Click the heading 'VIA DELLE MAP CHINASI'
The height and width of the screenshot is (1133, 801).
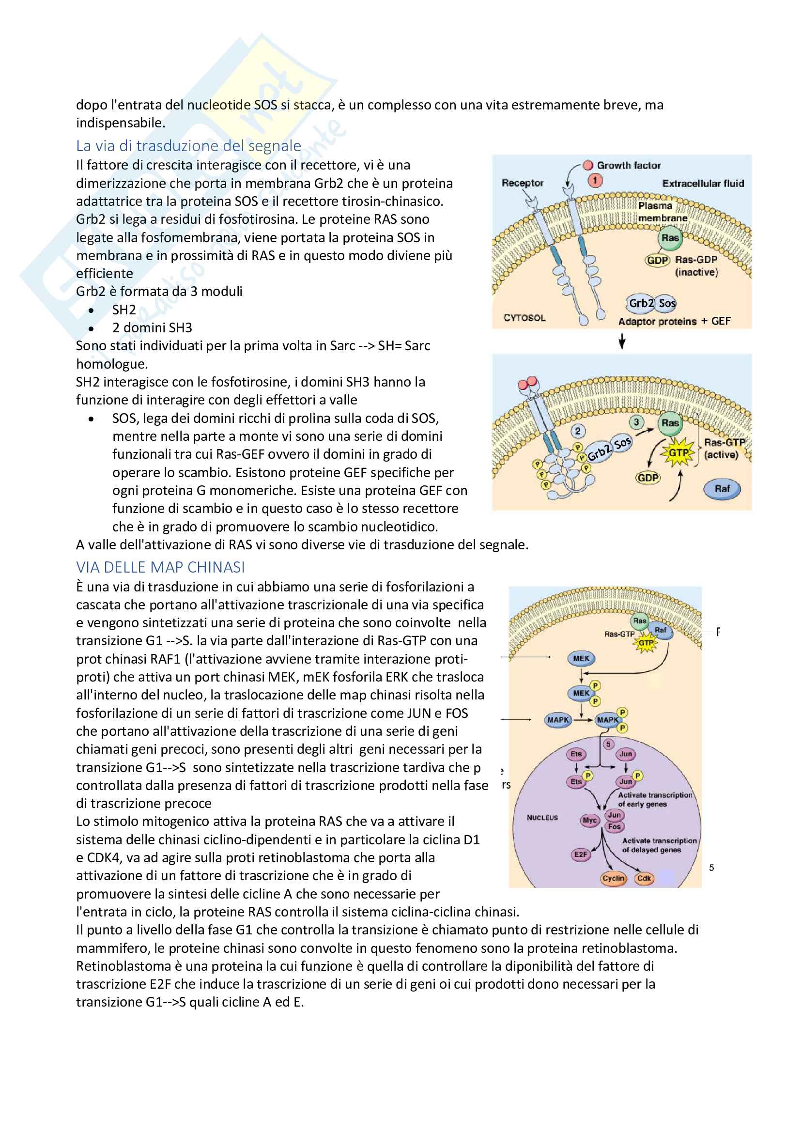[x=160, y=568]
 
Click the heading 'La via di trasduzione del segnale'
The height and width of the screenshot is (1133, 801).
[x=188, y=146]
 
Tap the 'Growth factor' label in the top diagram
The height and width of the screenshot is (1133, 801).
[x=629, y=165]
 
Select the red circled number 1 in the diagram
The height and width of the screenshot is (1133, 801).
[x=595, y=181]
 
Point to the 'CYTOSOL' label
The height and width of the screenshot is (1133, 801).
[x=524, y=318]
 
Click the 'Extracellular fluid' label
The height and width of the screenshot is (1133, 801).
[x=703, y=184]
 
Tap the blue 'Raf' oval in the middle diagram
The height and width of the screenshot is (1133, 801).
[x=722, y=489]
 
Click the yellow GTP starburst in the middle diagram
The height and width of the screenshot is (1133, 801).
[x=678, y=452]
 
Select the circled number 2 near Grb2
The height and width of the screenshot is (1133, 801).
[x=578, y=431]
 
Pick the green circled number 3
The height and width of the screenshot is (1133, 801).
[x=636, y=422]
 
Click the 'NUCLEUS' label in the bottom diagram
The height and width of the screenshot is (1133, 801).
[x=542, y=818]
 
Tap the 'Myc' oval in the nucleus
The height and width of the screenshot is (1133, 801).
[x=590, y=820]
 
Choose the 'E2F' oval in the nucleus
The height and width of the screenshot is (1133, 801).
[x=581, y=854]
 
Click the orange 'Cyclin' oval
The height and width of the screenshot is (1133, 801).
[x=614, y=878]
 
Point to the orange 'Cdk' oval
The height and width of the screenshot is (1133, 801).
[x=644, y=878]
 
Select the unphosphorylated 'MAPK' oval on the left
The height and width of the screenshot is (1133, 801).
[x=558, y=720]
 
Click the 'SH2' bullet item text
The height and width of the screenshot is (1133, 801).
[x=124, y=310]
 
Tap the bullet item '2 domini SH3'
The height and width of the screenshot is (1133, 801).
[x=152, y=327]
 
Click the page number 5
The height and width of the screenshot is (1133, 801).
[x=711, y=868]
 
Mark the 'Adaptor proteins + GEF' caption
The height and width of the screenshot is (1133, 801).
[x=674, y=321]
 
